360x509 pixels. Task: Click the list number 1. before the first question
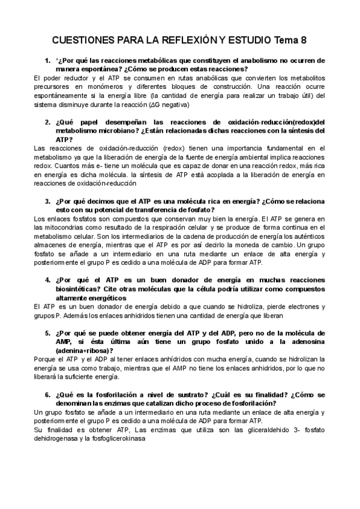[47, 61]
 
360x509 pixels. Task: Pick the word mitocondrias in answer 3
[63, 227]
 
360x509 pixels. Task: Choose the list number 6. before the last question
[47, 394]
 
